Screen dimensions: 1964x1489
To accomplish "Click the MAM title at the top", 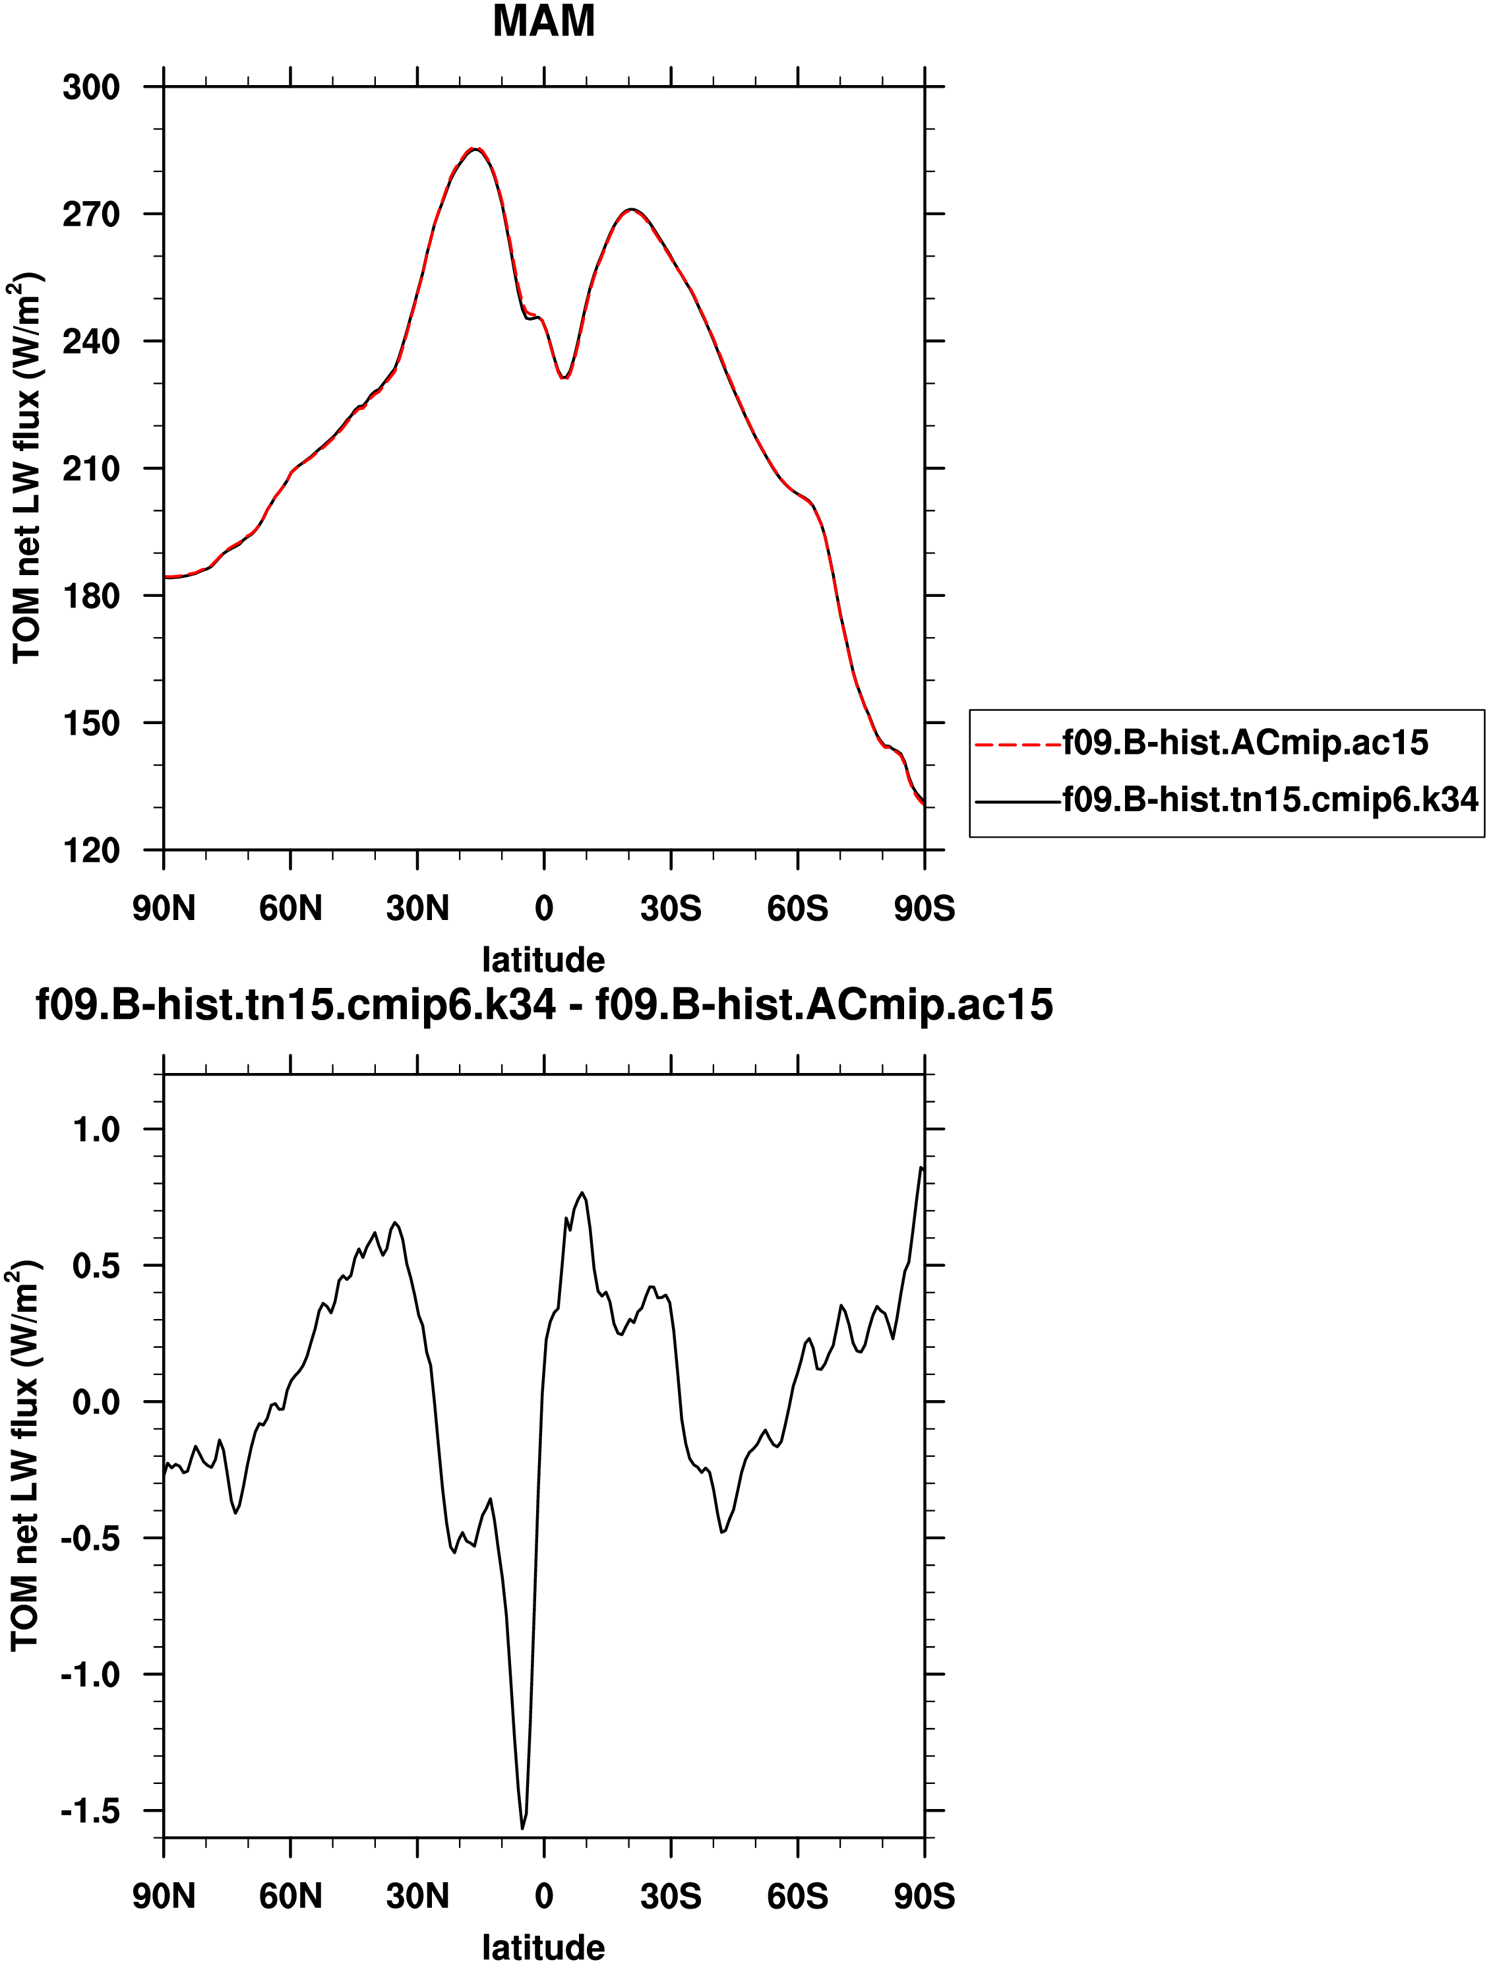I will (x=543, y=21).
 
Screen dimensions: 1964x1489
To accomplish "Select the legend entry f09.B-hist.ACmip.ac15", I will (x=1245, y=743).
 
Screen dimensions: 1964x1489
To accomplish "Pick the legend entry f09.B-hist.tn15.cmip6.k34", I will (x=1269, y=800).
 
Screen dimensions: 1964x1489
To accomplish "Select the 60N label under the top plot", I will (x=290, y=908).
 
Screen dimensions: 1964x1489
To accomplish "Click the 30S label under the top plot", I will (x=671, y=908).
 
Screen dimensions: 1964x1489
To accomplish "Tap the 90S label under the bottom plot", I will (x=925, y=1897).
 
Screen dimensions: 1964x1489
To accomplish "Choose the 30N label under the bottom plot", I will (x=417, y=1897).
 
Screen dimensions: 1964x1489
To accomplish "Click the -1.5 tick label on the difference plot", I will (x=90, y=1811).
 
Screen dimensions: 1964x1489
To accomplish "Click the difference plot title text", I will (x=543, y=1005).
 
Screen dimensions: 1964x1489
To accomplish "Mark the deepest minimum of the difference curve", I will (x=522, y=1827).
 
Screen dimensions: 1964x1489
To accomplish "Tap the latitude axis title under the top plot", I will (x=543, y=960).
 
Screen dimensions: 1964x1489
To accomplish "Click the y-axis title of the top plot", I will (x=26, y=468).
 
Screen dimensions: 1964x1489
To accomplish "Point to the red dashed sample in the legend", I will (x=1018, y=744).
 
